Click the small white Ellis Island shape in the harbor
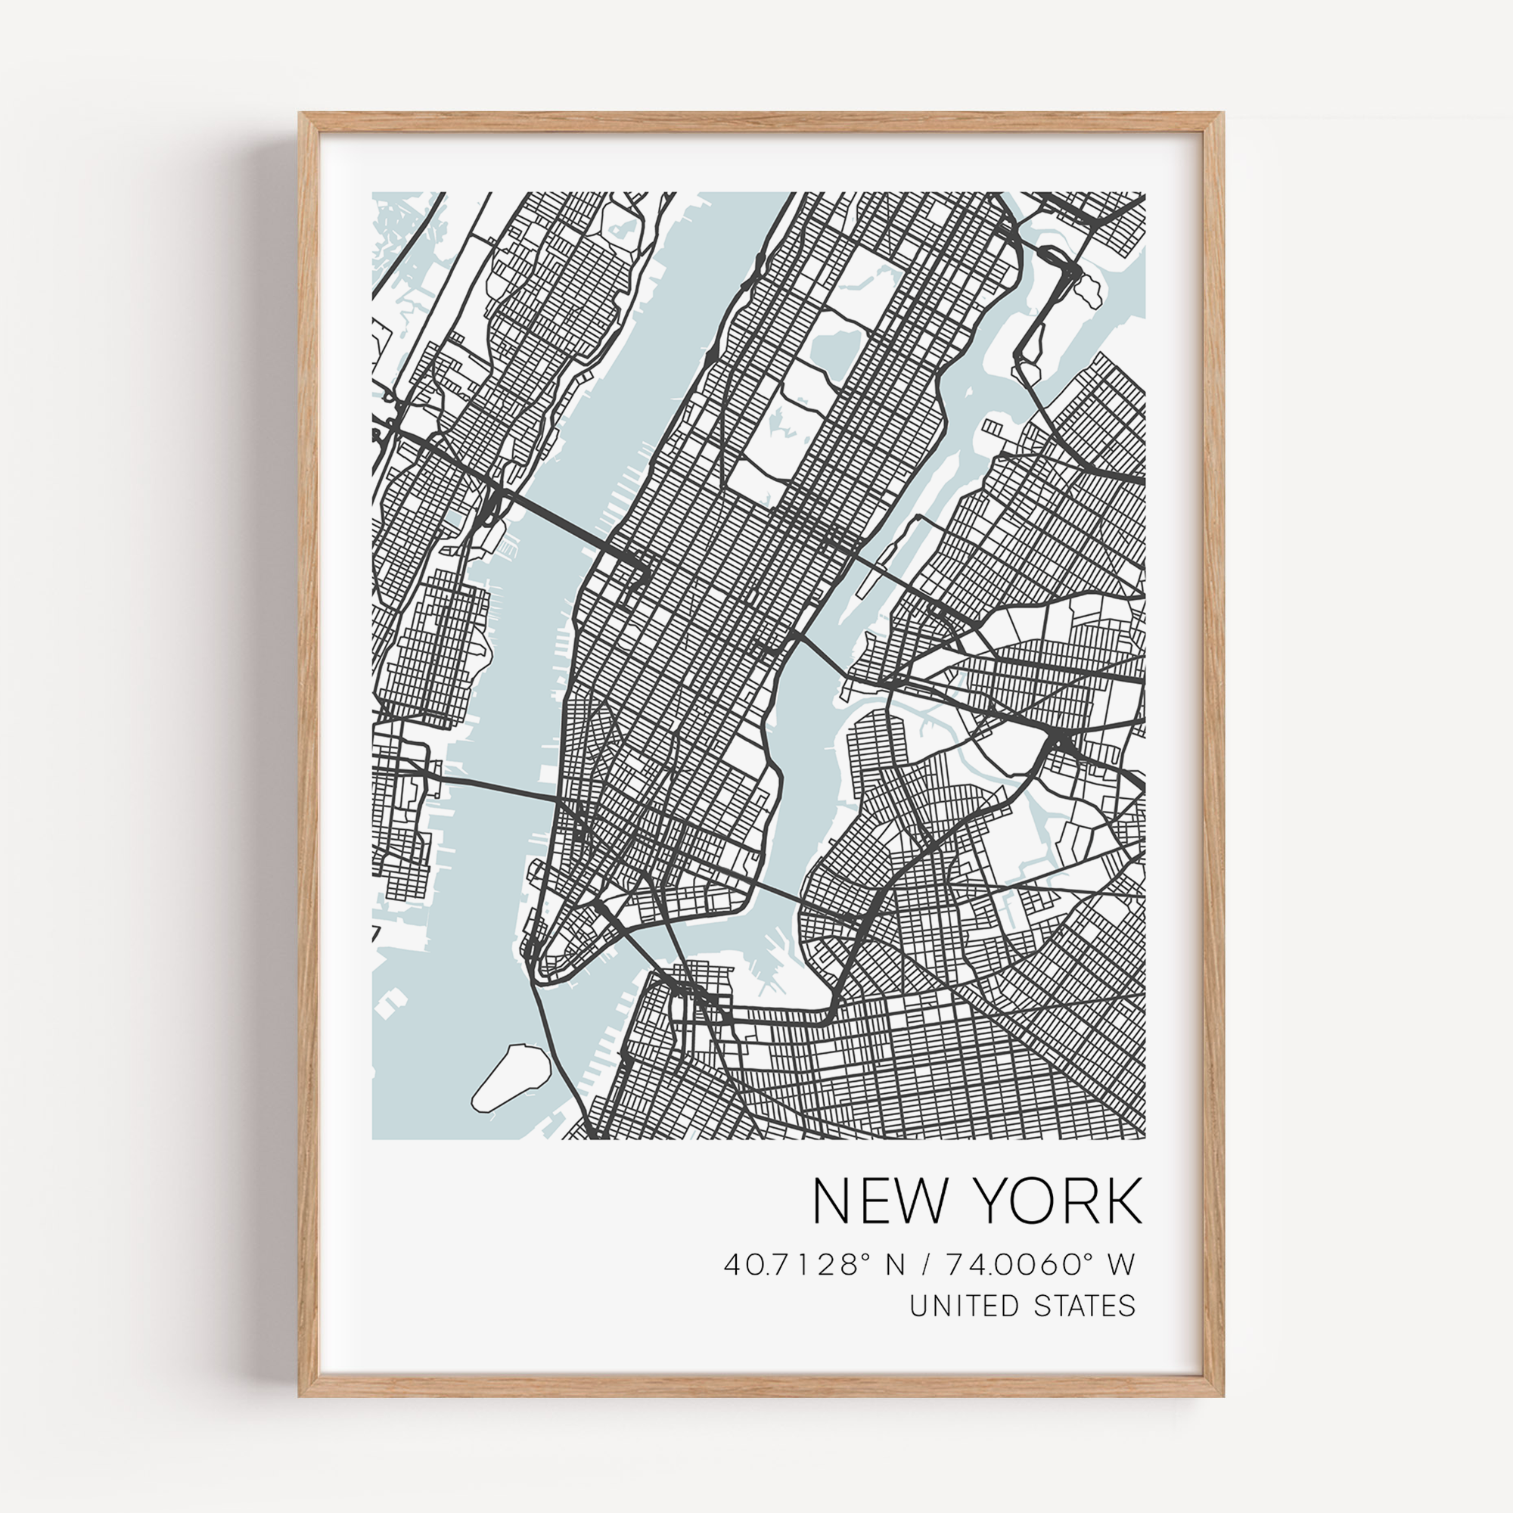[x=392, y=1003]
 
